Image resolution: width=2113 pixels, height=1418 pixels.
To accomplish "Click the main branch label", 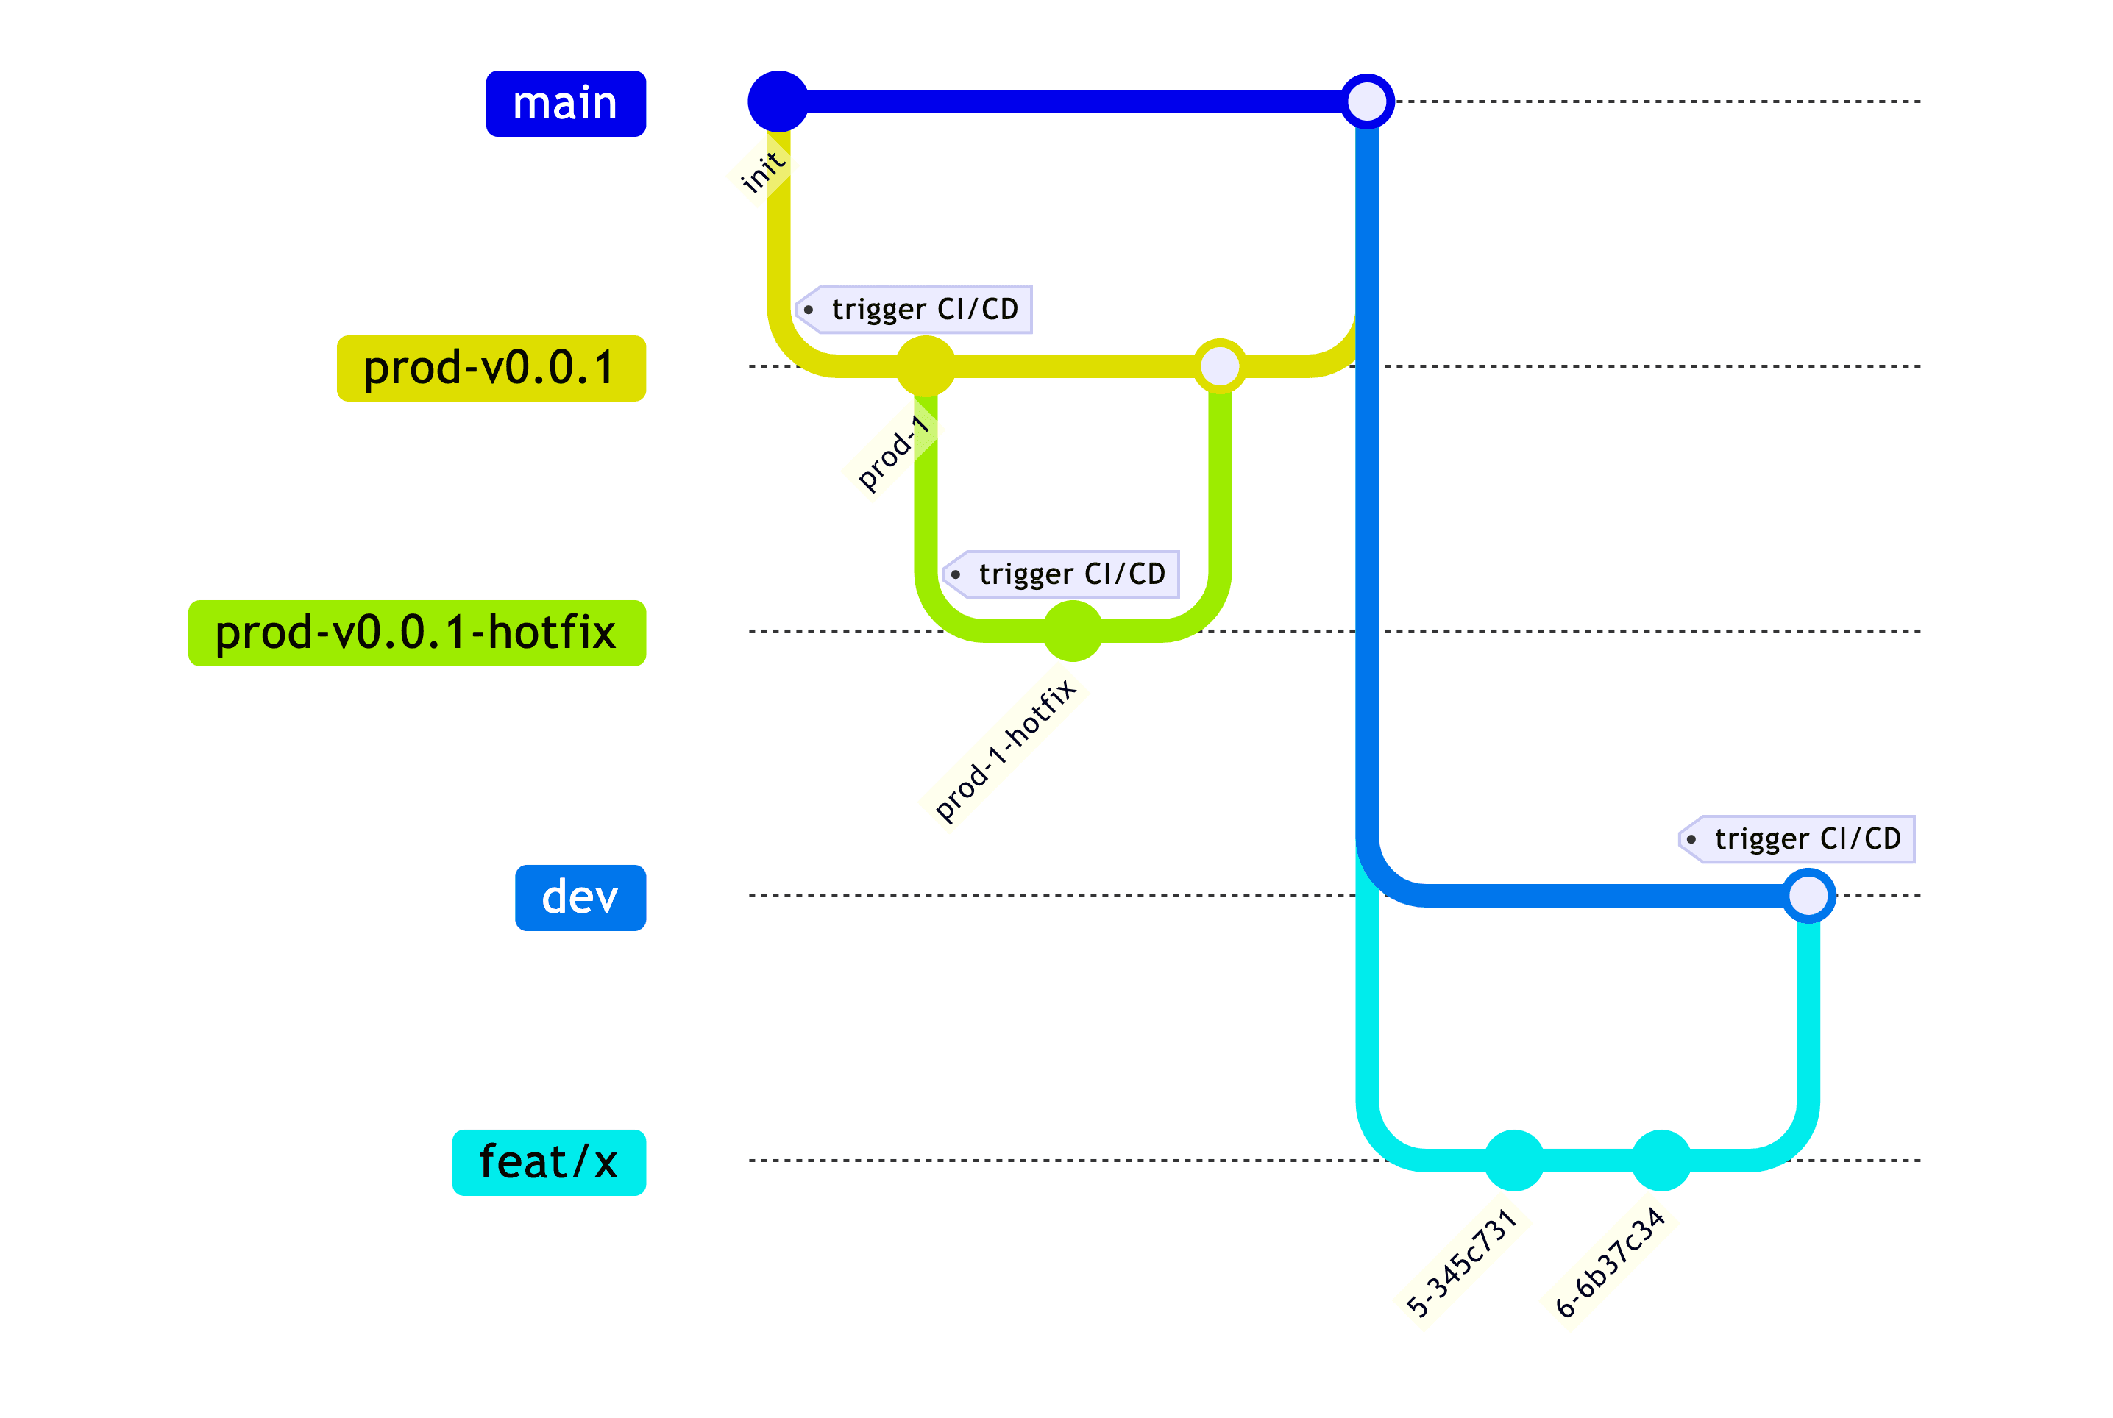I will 565,103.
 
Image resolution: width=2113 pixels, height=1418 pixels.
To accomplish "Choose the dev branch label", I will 580,897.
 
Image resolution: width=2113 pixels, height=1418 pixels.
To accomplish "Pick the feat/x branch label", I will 548,1162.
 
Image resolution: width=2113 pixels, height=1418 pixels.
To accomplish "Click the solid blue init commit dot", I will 778,101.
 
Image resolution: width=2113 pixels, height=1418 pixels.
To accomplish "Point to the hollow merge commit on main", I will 1366,101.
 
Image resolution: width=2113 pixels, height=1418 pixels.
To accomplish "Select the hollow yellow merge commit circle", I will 1219,366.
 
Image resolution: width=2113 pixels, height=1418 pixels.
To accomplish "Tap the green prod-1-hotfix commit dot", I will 1073,631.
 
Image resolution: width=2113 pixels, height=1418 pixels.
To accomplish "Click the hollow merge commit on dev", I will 1807,895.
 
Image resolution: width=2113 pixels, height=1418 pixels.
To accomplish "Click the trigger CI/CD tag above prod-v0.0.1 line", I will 914,310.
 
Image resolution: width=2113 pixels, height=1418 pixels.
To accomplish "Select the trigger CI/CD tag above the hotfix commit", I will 1061,574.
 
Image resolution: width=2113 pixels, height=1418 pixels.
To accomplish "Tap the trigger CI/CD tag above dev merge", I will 1797,839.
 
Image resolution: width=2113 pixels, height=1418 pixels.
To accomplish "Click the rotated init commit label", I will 761,171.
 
